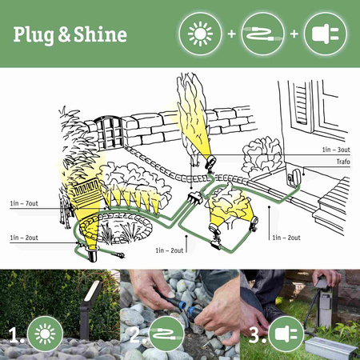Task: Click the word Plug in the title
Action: [x=32, y=34]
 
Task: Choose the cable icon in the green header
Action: [x=262, y=34]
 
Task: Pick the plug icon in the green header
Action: [x=328, y=34]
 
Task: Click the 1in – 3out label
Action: [x=334, y=150]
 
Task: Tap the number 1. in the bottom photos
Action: [x=15, y=334]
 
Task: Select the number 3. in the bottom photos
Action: [x=254, y=334]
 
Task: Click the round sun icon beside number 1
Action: [x=44, y=334]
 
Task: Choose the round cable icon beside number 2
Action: [x=164, y=334]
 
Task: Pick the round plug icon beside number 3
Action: [x=284, y=334]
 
